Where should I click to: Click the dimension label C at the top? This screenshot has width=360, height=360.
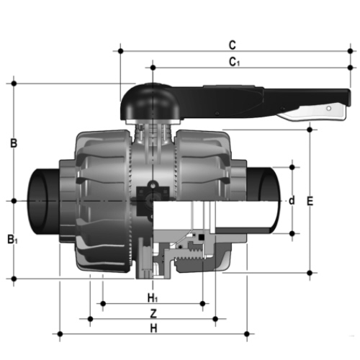click(x=233, y=45)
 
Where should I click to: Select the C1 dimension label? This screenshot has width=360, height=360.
click(x=234, y=62)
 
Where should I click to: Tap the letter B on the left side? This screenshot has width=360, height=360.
click(x=14, y=143)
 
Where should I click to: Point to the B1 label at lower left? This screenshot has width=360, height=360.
click(x=12, y=239)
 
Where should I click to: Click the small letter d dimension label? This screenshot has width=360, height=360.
click(x=292, y=200)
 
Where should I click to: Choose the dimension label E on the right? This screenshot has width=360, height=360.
click(x=310, y=201)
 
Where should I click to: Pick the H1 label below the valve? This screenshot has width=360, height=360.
click(x=153, y=298)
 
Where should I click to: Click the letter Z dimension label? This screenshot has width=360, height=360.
click(x=153, y=313)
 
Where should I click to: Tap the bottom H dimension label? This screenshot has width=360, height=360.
click(x=153, y=328)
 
